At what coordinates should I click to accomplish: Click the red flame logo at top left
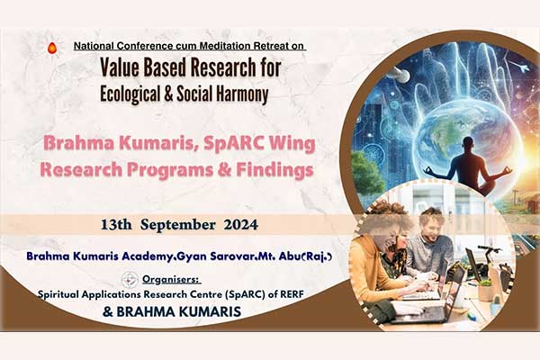52,48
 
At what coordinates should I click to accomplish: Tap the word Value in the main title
119,67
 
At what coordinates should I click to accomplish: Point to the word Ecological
130,94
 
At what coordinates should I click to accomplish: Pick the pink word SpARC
233,144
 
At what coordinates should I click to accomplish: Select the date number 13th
116,225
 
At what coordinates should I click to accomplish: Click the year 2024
240,225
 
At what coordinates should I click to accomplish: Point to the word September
178,225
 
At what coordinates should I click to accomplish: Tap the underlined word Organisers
172,279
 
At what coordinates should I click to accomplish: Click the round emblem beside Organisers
130,280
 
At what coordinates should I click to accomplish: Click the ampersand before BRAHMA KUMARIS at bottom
108,312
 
